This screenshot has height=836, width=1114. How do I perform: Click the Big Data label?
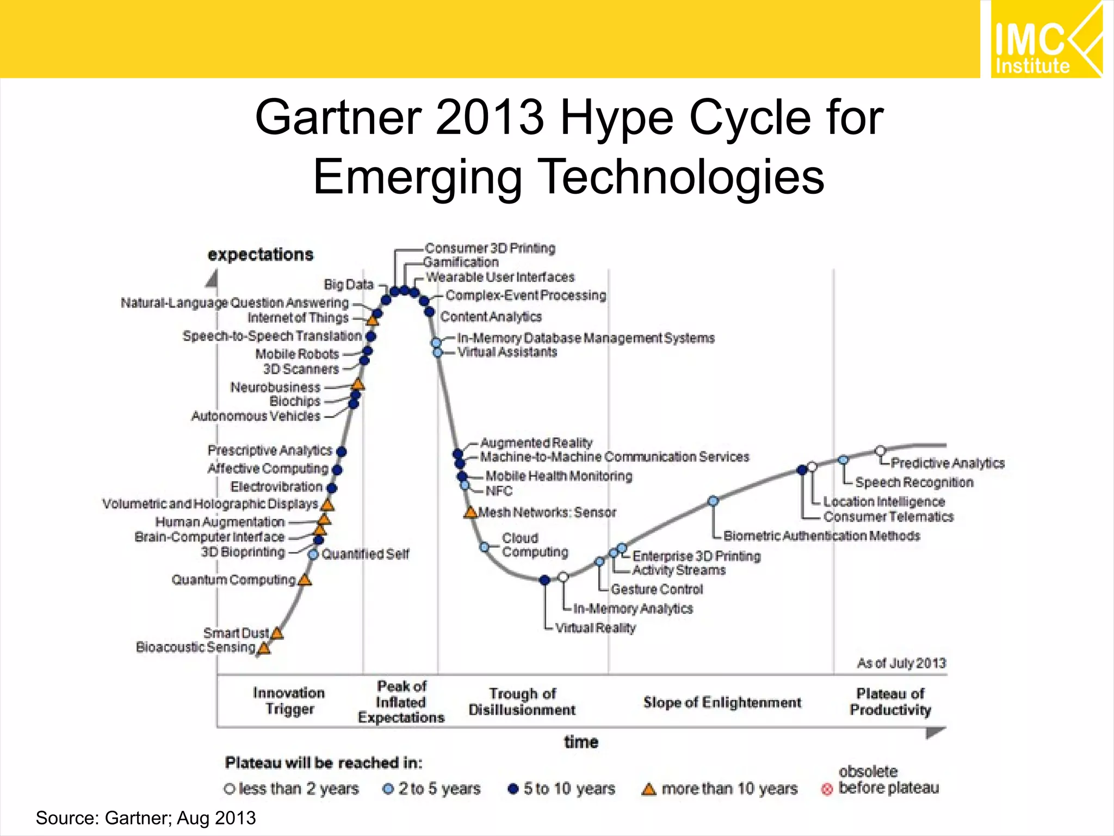(349, 285)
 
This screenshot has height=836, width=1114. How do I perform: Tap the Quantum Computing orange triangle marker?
(305, 580)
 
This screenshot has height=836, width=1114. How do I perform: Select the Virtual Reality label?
(595, 628)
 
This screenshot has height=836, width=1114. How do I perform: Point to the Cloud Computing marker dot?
(484, 546)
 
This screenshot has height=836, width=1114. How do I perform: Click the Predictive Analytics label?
(948, 463)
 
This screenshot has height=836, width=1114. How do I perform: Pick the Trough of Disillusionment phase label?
(522, 702)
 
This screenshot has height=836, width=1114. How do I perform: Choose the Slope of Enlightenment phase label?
(722, 703)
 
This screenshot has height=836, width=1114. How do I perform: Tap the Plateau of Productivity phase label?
(890, 702)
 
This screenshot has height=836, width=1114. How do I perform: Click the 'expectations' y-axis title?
(261, 255)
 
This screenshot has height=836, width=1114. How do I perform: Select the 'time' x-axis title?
(581, 742)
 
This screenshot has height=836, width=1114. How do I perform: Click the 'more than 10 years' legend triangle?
(648, 789)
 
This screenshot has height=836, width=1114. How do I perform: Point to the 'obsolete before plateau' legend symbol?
(827, 789)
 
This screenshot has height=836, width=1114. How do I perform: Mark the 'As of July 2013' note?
(901, 663)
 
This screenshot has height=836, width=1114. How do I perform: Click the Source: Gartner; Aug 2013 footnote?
(146, 818)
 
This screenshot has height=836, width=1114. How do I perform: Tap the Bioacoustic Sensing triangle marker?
(264, 648)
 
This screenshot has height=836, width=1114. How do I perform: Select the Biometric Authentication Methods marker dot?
(714, 501)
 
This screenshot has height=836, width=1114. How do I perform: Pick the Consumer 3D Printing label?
(490, 248)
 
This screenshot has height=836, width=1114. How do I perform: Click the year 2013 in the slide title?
(490, 118)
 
